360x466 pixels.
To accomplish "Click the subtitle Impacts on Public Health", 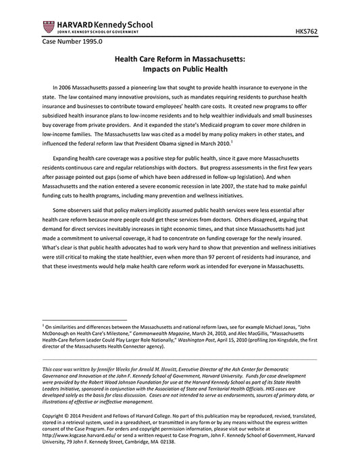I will click(180, 69).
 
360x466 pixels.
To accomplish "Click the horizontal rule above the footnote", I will click(84, 318).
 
